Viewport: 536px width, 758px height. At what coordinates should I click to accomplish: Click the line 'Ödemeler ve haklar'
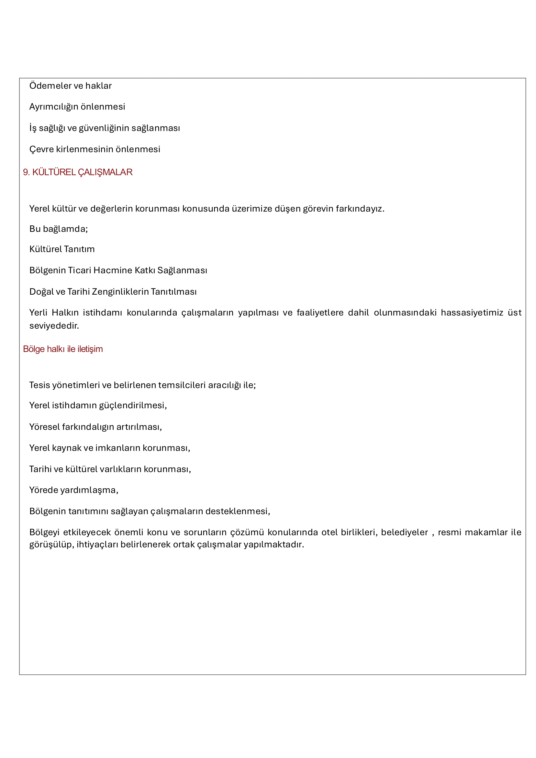tap(70, 86)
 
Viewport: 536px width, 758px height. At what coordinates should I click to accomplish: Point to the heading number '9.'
tap(27, 172)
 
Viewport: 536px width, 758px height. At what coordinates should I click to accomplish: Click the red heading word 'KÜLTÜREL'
tap(54, 172)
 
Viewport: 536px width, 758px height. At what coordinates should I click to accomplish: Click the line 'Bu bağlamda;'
tap(58, 229)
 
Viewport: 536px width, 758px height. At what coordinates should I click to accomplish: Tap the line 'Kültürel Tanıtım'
tap(62, 249)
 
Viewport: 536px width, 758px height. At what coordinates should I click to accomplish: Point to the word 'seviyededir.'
tap(54, 326)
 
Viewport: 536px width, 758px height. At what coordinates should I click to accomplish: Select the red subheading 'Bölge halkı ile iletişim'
tap(63, 349)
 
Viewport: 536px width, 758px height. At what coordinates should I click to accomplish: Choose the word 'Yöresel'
tap(44, 427)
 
